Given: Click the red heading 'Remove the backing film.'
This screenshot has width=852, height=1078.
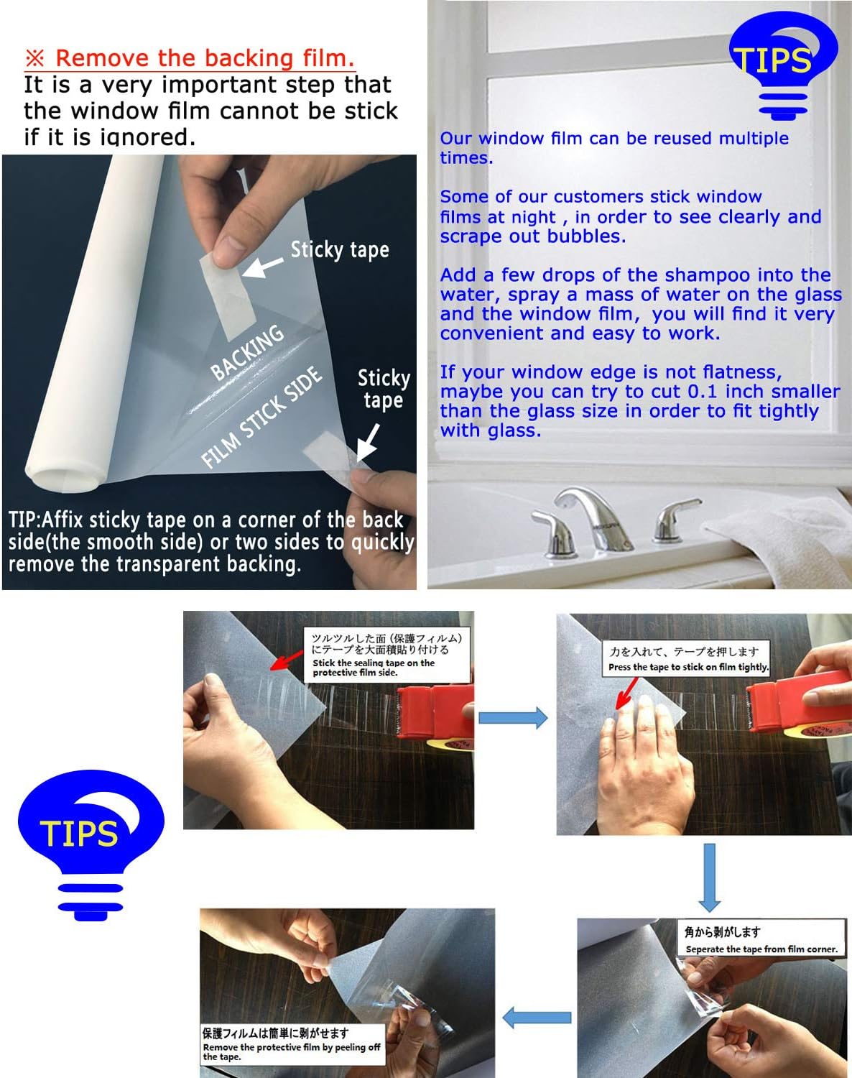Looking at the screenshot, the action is pyautogui.click(x=190, y=58).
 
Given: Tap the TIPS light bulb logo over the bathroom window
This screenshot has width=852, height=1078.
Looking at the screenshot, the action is pyautogui.click(x=782, y=65).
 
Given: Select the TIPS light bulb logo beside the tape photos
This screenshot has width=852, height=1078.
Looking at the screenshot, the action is pyautogui.click(x=91, y=845).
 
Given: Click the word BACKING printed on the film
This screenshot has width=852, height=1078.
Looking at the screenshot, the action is pyautogui.click(x=247, y=351).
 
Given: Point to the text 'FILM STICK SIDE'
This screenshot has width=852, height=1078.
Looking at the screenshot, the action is pyautogui.click(x=261, y=417).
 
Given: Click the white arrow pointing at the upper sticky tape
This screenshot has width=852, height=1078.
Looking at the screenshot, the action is pyautogui.click(x=262, y=267).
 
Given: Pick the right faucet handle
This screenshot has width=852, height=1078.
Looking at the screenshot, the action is pyautogui.click(x=674, y=518).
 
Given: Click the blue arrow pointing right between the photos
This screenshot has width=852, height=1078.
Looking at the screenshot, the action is pyautogui.click(x=513, y=718).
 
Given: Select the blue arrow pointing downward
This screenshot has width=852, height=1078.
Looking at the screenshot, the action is pyautogui.click(x=709, y=877).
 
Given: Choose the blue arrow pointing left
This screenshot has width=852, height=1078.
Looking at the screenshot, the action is pyautogui.click(x=537, y=1018).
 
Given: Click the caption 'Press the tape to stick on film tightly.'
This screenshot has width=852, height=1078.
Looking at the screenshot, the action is pyautogui.click(x=688, y=667).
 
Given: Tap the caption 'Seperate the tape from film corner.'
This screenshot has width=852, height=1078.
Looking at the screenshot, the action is pyautogui.click(x=761, y=949).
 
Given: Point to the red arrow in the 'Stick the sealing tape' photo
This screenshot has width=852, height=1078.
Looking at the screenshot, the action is pyautogui.click(x=287, y=660).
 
